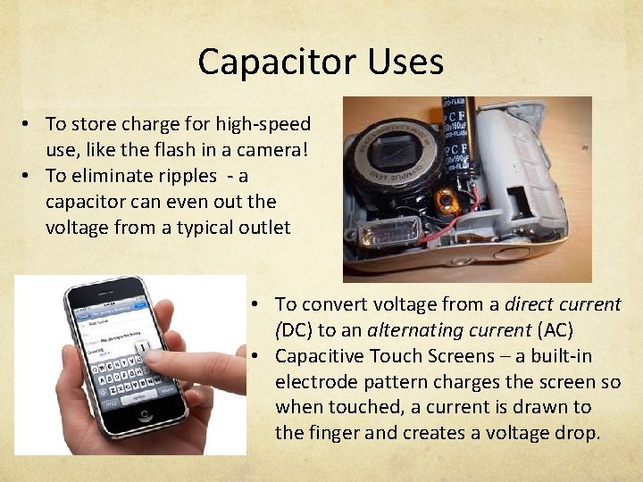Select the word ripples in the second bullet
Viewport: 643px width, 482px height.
pos(182,176)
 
